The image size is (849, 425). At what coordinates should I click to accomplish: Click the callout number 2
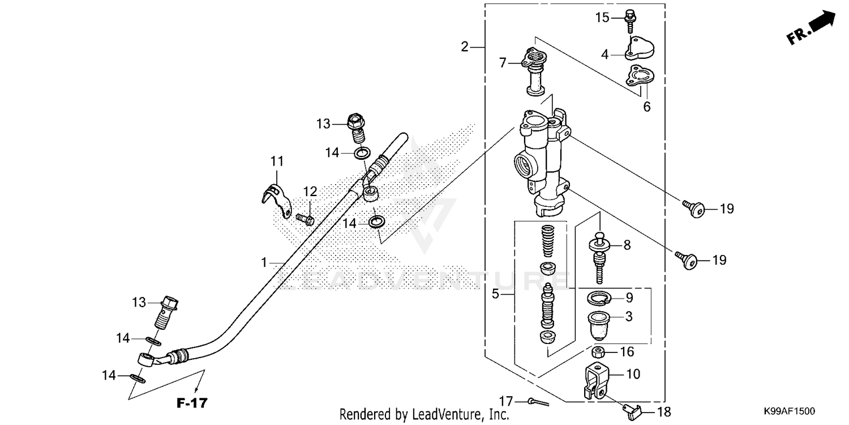[465, 47]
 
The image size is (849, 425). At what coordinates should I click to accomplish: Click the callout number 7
[502, 63]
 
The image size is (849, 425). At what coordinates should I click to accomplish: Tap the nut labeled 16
[601, 352]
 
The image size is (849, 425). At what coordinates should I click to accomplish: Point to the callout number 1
[264, 262]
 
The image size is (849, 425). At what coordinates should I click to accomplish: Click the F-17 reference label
[192, 403]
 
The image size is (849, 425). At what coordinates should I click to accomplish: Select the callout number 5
[495, 294]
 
